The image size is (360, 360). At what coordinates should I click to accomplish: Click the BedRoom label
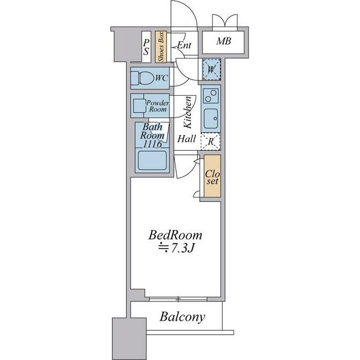175,235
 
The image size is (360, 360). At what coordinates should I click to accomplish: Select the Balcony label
182,317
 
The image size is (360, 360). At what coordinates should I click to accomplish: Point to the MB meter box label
224,41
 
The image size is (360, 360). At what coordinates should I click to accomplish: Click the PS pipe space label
146,47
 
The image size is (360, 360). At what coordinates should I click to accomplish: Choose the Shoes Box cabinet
160,47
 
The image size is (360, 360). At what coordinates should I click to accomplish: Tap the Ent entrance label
184,45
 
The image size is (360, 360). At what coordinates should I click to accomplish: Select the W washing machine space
211,69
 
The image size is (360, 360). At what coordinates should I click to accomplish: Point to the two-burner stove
211,96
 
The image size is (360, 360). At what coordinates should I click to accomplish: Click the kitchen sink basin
211,119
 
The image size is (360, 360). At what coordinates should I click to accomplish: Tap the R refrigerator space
210,141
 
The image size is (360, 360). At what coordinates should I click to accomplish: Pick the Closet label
213,177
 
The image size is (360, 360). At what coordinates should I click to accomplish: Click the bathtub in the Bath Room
152,160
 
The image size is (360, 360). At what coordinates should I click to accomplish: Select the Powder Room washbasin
139,106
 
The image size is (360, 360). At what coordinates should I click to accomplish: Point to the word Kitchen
188,112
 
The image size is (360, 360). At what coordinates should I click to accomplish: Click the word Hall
187,139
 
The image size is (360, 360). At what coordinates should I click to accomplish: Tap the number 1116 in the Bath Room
152,144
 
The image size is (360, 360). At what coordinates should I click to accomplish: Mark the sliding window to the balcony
178,299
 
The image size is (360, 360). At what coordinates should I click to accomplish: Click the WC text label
161,78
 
